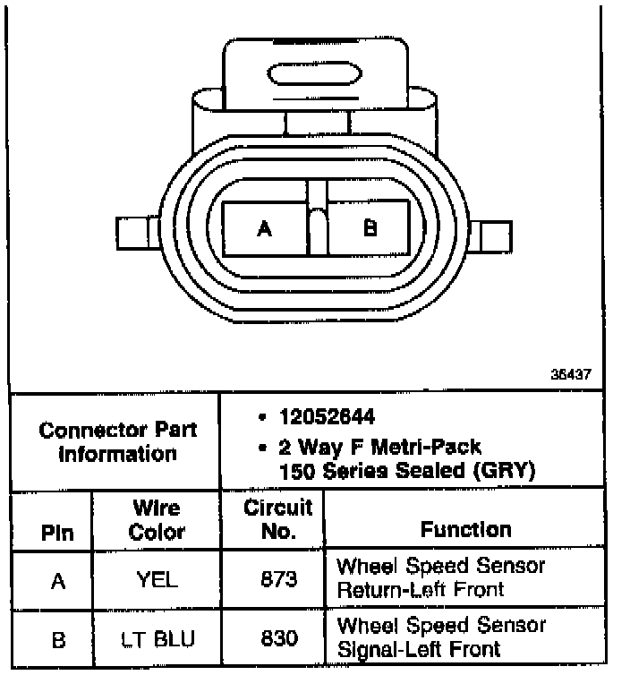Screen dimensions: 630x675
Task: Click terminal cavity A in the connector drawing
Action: pyautogui.click(x=264, y=228)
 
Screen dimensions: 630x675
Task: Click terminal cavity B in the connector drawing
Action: pyautogui.click(x=370, y=228)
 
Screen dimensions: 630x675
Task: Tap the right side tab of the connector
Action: pyautogui.click(x=493, y=236)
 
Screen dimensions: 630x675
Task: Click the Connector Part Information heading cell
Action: pyautogui.click(x=117, y=441)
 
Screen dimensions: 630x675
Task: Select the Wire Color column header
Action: pyautogui.click(x=157, y=521)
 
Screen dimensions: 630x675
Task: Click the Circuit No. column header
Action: pyautogui.click(x=277, y=519)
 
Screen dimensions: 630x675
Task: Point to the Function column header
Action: pyautogui.click(x=465, y=530)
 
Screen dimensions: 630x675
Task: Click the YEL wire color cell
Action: pyautogui.click(x=157, y=579)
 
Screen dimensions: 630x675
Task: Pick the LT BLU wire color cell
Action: pyautogui.click(x=157, y=638)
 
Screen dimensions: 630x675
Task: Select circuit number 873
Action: pyautogui.click(x=277, y=579)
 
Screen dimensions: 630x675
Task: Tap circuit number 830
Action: pyautogui.click(x=277, y=638)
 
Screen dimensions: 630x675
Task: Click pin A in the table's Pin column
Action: pyautogui.click(x=58, y=581)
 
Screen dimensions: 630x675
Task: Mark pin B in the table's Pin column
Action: pyautogui.click(x=58, y=639)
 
